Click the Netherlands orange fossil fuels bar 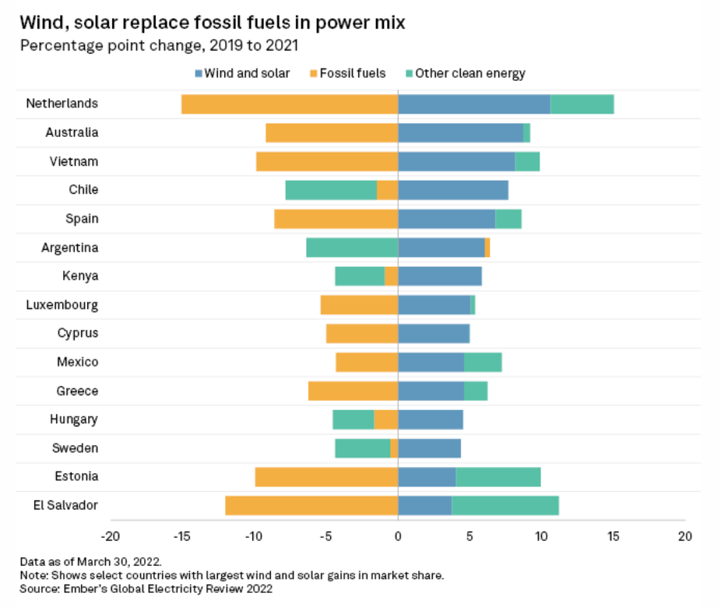click(x=290, y=104)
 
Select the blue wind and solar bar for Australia click(x=460, y=133)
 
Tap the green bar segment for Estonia click(x=498, y=477)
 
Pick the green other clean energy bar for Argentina click(x=352, y=247)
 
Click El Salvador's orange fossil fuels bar click(x=311, y=506)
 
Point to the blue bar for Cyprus click(x=434, y=334)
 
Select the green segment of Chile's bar click(x=331, y=190)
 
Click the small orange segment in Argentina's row click(x=487, y=247)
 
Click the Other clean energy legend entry click(x=465, y=73)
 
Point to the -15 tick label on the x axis click(x=182, y=536)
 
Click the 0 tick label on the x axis click(x=398, y=536)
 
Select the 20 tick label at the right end click(x=684, y=536)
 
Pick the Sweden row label click(x=76, y=448)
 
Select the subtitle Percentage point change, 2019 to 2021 click(x=159, y=44)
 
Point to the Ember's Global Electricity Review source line click(x=146, y=589)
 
